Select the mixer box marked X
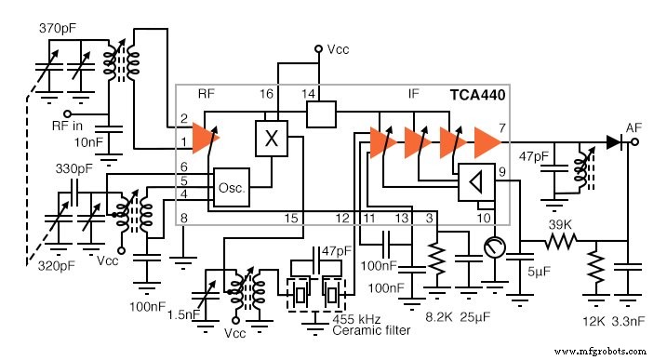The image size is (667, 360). [272, 140]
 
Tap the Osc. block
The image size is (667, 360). [231, 187]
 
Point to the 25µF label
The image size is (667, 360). [475, 317]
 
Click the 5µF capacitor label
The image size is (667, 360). [539, 273]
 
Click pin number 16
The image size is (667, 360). [267, 95]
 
